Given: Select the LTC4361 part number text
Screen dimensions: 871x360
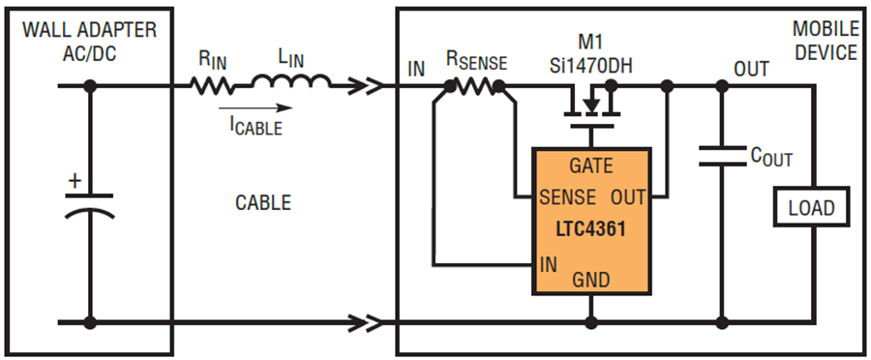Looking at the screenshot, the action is click(590, 229).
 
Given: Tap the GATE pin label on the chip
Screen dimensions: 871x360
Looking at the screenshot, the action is click(591, 165).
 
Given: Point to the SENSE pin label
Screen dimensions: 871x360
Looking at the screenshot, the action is click(568, 196).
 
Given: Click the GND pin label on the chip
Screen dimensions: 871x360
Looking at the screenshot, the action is click(591, 280).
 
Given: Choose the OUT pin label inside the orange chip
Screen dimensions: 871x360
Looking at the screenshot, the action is click(628, 196).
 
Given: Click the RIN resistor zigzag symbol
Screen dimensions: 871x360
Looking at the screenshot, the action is click(211, 85).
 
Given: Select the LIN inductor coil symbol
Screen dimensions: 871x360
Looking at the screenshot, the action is click(291, 81).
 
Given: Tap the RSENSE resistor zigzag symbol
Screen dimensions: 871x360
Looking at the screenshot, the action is click(474, 85).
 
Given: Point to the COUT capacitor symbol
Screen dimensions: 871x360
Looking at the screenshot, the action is click(722, 156).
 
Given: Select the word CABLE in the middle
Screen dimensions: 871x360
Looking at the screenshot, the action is click(263, 203).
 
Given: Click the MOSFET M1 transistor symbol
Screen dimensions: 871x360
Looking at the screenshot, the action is click(590, 106).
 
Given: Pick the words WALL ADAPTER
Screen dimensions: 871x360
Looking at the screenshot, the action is click(89, 30).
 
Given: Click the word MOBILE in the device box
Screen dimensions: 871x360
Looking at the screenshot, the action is click(825, 29).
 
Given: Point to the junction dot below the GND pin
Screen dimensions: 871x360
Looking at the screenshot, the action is click(591, 322).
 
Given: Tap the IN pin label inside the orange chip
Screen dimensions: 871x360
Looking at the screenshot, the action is click(548, 264).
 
